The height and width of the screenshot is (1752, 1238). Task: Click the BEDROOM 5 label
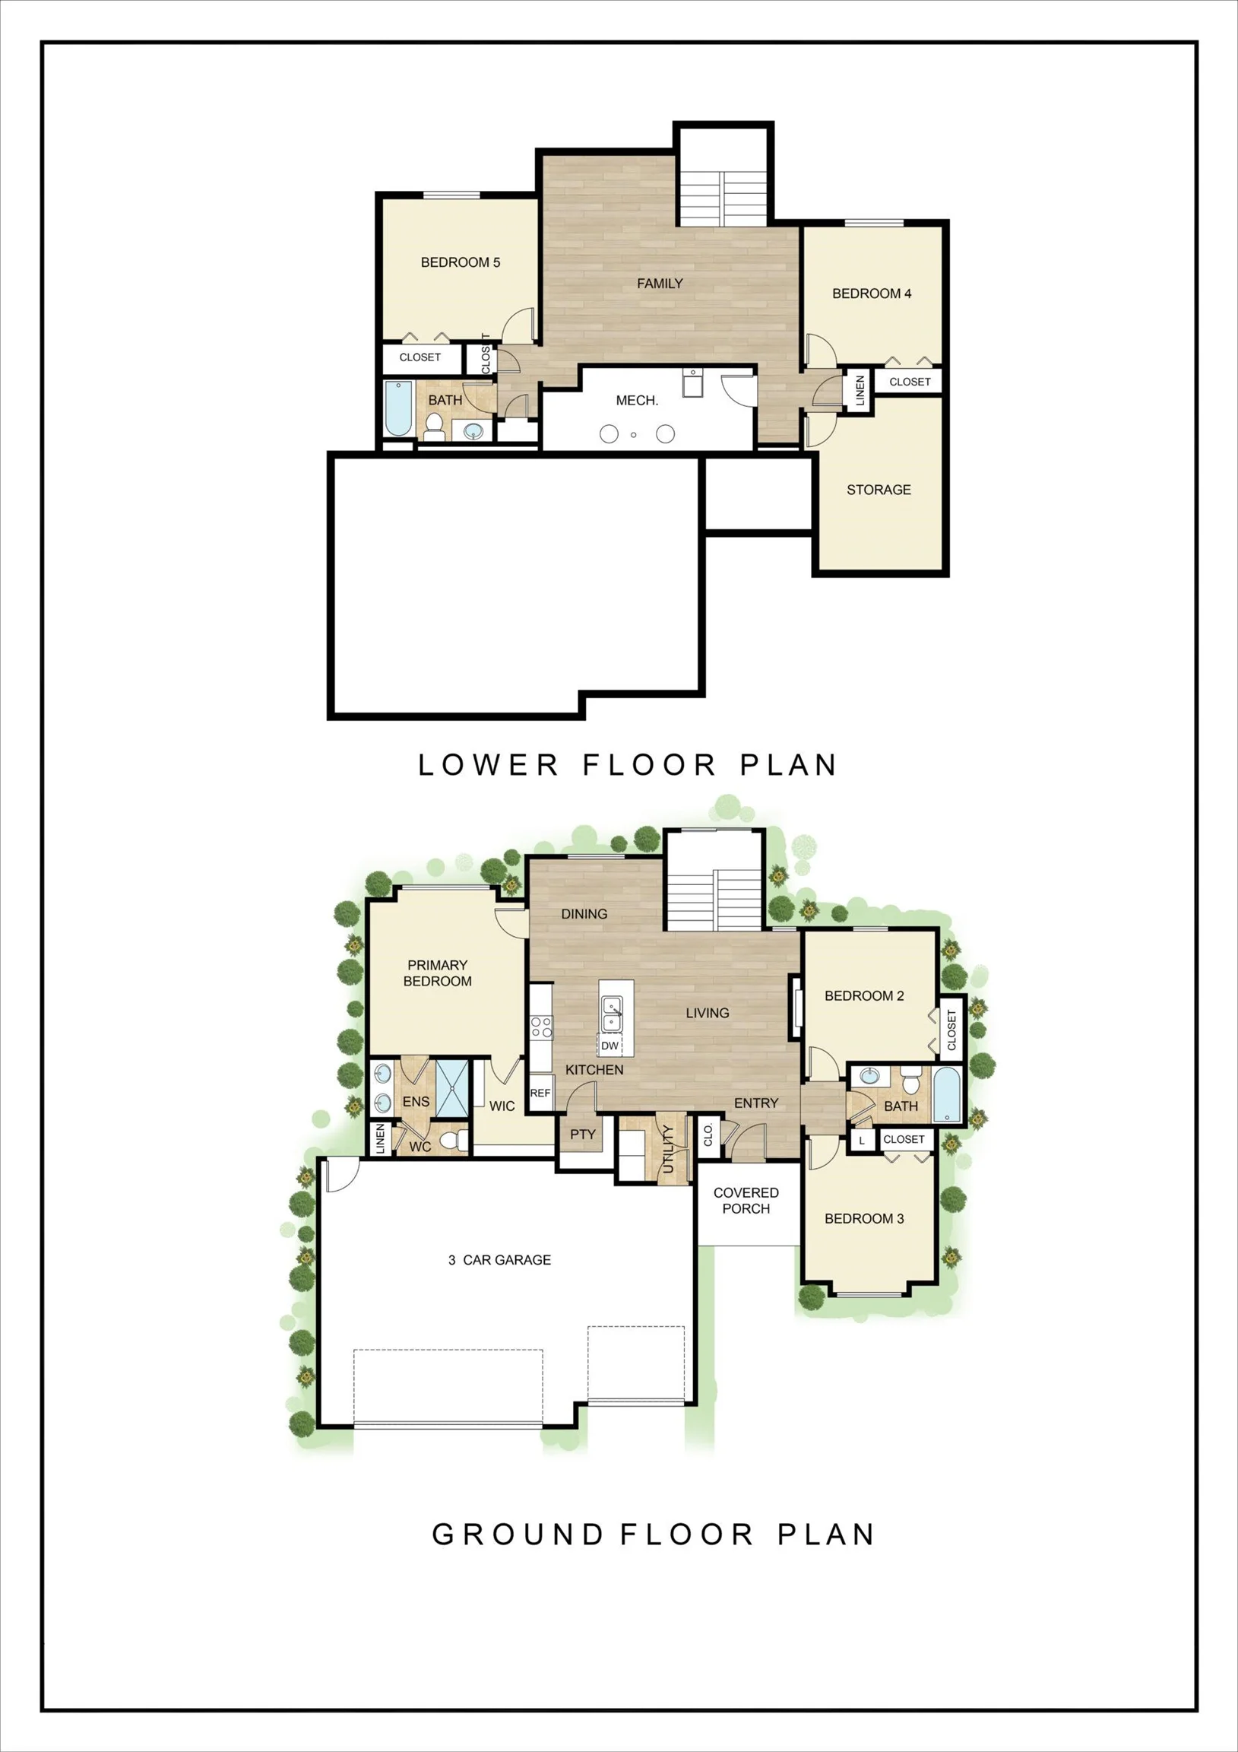coord(460,262)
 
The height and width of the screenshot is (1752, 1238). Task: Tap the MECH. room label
coord(637,401)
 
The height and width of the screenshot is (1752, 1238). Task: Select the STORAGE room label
coord(879,490)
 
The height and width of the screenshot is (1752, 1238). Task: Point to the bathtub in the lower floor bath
coord(398,409)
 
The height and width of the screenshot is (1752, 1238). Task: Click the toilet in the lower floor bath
coord(434,427)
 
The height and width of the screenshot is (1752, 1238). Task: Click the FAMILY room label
coord(660,284)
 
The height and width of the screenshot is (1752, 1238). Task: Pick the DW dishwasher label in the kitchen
coord(610,1046)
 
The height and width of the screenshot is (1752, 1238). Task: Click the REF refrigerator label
coord(540,1093)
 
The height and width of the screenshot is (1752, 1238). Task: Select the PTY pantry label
coord(583,1135)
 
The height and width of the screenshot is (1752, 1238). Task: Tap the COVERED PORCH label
coord(746,1200)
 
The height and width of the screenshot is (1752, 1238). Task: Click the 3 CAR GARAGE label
coord(499,1260)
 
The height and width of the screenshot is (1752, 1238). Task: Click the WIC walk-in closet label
coord(502,1106)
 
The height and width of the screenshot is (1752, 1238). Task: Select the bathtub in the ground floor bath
coord(948,1094)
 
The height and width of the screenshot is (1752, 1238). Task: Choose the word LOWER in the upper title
coord(489,764)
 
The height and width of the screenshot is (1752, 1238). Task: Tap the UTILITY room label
coord(668,1149)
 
